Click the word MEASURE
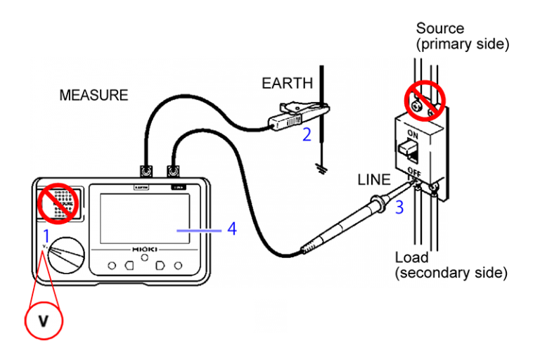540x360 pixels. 94,95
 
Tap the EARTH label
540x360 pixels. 287,83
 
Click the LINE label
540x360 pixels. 373,179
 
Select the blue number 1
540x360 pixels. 46,235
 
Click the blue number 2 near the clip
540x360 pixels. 307,134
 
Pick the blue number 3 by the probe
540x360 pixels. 399,207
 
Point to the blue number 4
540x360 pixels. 232,229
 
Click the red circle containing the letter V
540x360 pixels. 44,321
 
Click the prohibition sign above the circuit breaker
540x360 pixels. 425,101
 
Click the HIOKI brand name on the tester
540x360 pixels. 144,250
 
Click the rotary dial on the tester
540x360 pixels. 68,255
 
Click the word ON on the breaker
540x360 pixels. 413,134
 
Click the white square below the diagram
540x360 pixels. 271,316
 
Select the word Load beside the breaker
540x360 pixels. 411,257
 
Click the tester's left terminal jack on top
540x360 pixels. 146,171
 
